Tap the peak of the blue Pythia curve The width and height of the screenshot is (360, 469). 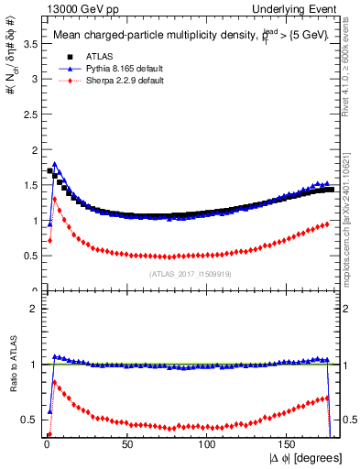(x=55, y=165)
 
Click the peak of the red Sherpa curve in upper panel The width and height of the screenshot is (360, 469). (x=55, y=199)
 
